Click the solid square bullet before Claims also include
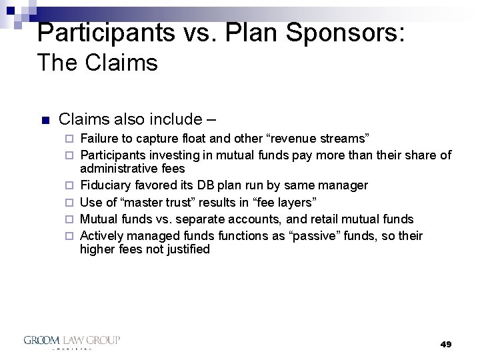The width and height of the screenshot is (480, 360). pos(45,121)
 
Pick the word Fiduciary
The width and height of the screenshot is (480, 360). pos(103,185)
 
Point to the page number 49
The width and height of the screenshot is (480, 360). pos(446,344)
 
